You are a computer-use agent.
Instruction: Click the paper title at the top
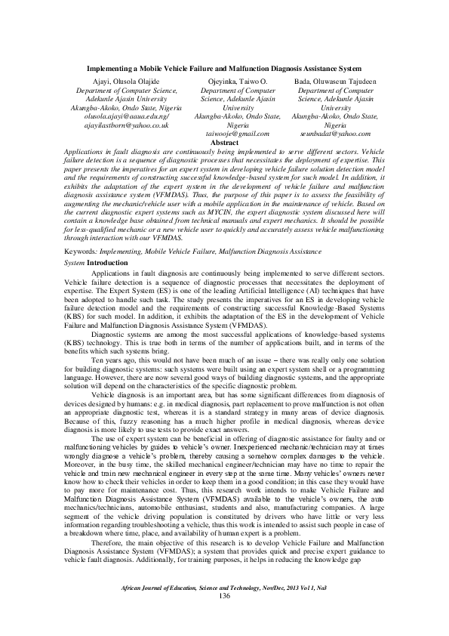pos(224,68)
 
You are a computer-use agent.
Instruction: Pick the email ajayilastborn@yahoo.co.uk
pos(117,125)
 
